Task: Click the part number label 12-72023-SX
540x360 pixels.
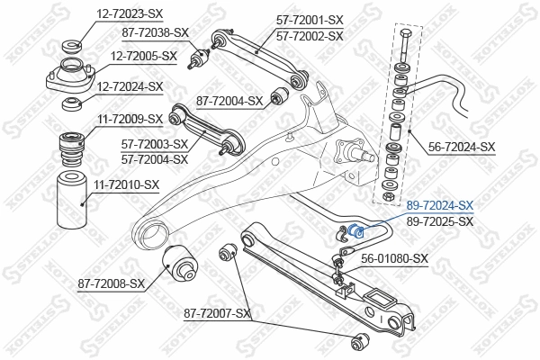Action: coord(130,13)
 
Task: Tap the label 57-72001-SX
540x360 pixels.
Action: coord(310,20)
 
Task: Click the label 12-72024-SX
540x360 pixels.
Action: coord(130,86)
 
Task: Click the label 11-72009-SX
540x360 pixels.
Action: coord(130,118)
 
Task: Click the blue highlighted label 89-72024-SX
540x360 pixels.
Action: coord(440,206)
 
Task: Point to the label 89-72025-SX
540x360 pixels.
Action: coord(440,220)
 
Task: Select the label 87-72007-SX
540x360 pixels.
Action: coord(217,313)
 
